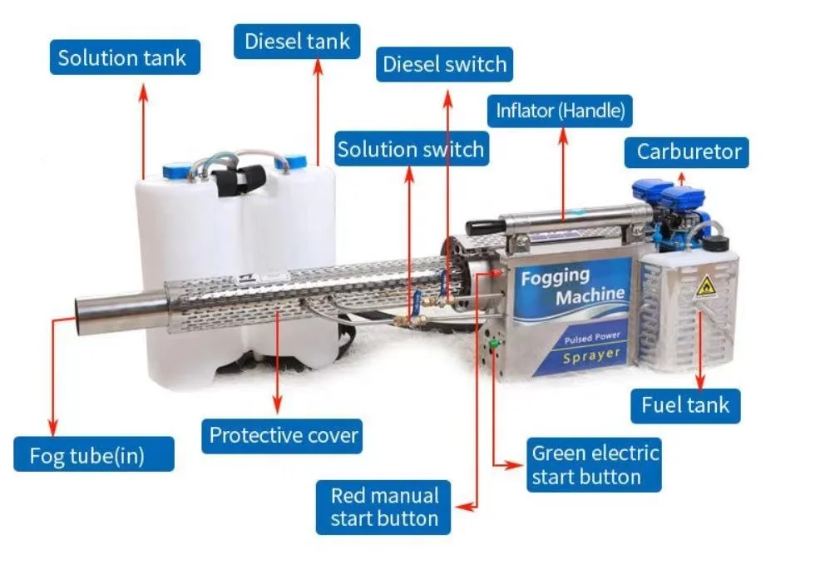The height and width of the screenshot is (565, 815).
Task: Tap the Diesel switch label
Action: (444, 65)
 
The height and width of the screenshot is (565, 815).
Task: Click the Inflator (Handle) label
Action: (560, 110)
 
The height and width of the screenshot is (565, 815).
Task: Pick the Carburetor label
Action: (688, 151)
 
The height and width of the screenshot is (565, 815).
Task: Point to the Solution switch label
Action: (410, 150)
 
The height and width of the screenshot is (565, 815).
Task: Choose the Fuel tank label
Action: (684, 405)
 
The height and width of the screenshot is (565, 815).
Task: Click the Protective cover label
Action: (283, 435)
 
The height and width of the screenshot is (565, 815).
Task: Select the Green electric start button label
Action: (595, 465)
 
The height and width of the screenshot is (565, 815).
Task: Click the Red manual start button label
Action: (383, 507)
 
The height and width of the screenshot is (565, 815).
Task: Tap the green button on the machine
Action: (493, 344)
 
